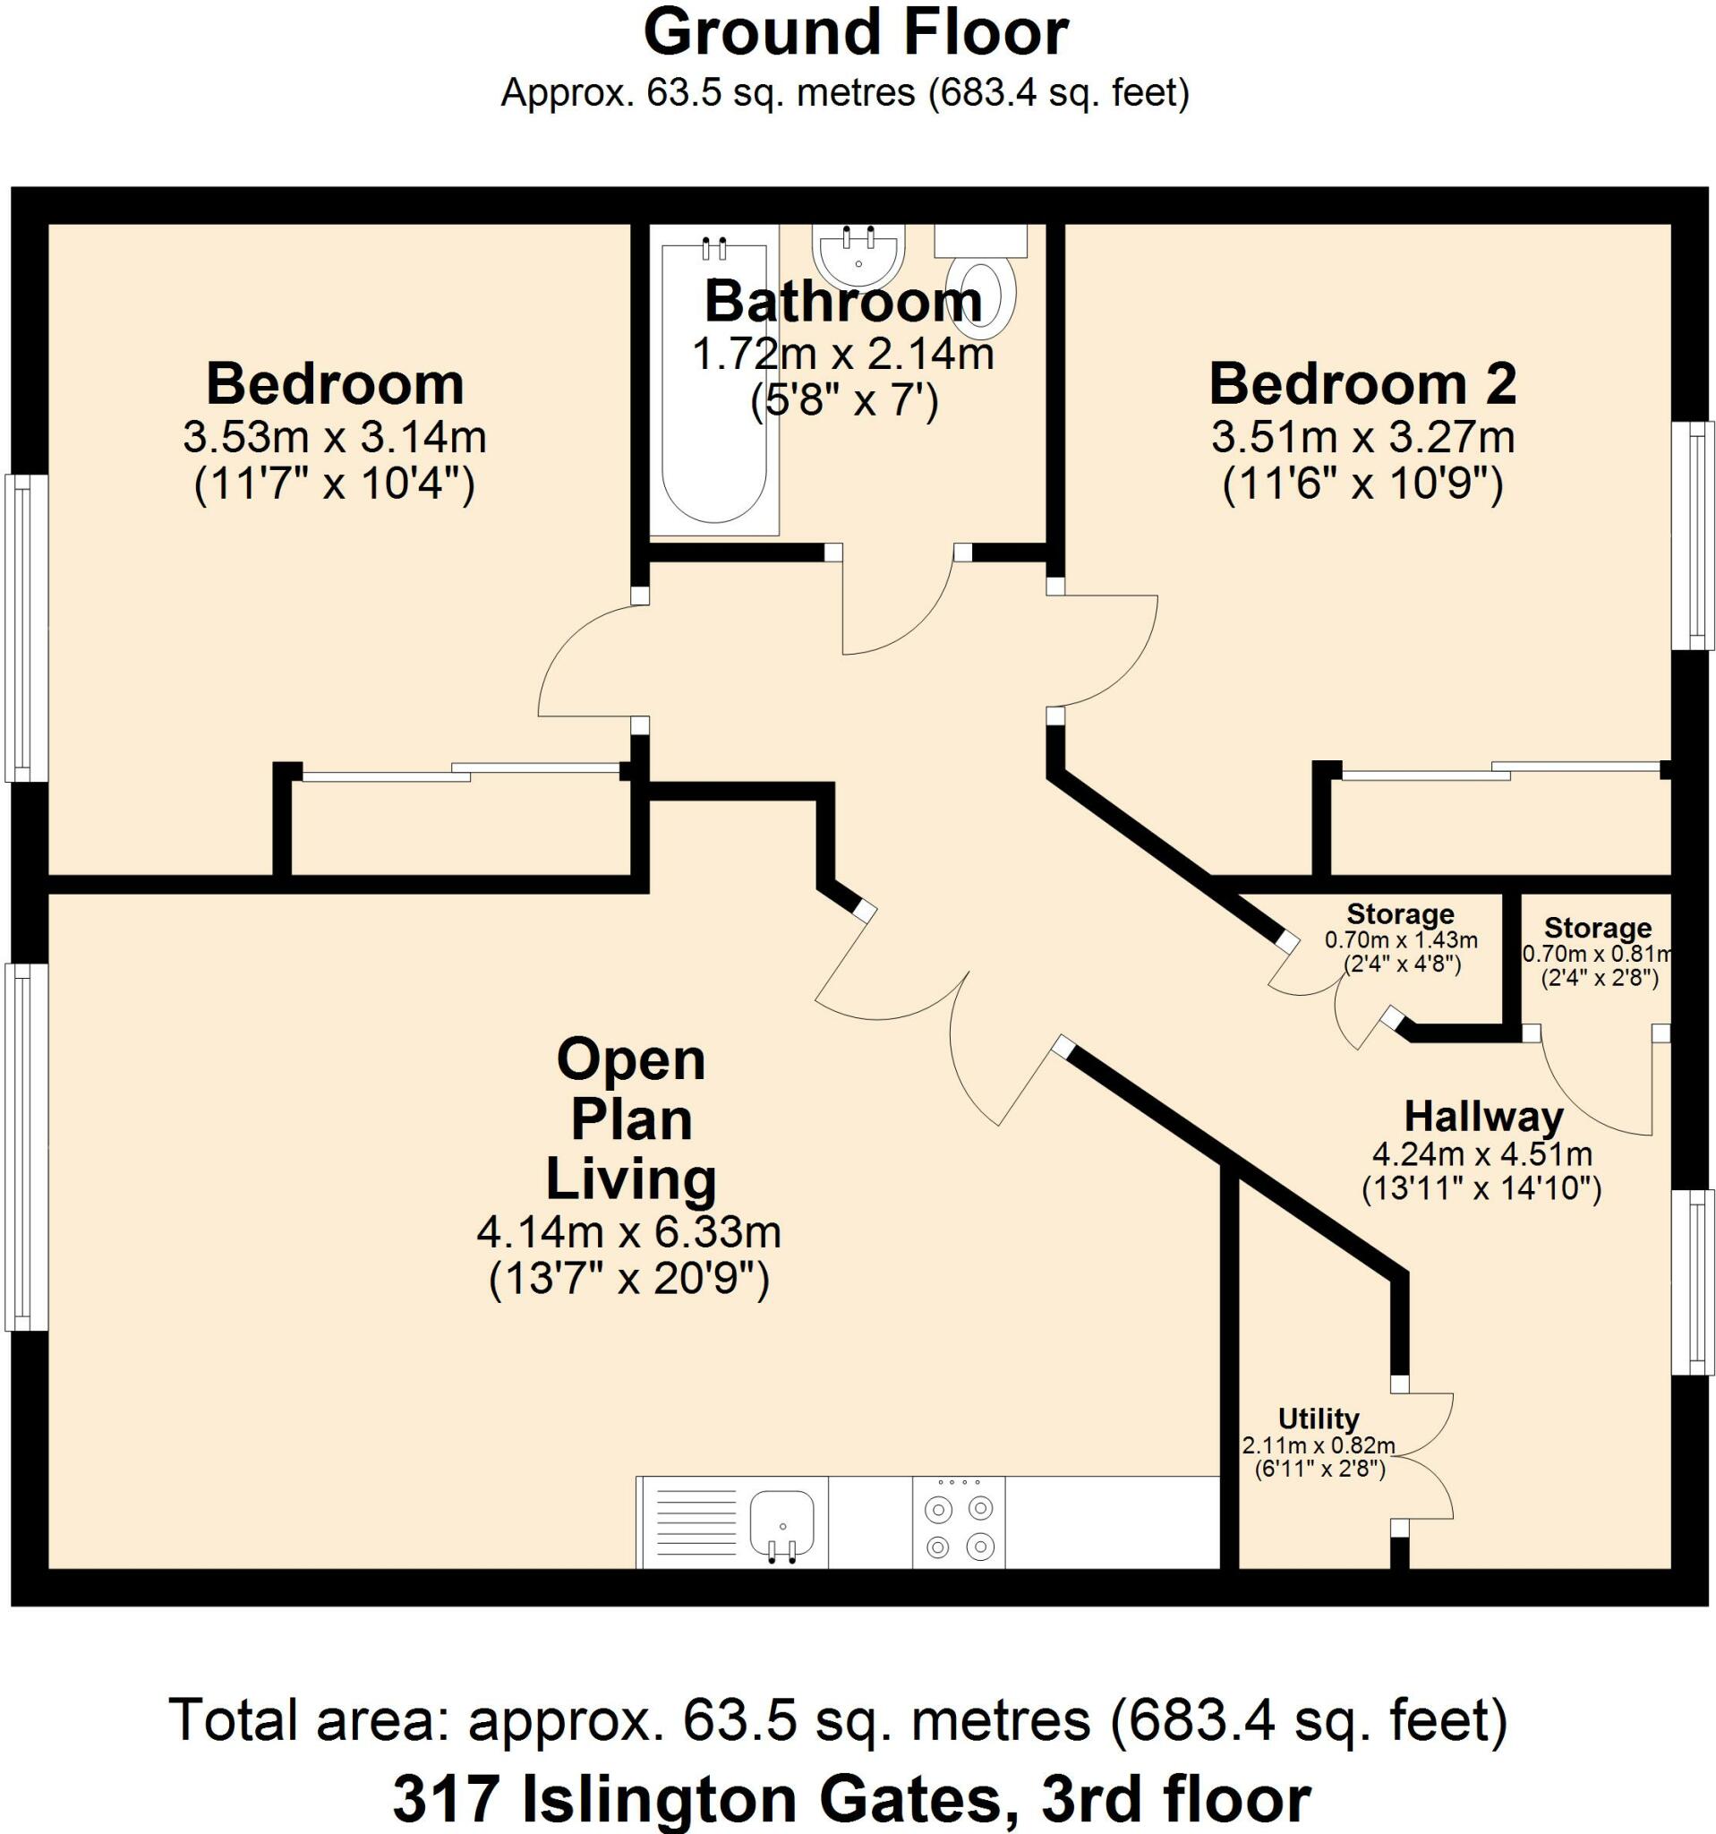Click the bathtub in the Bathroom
[713, 406]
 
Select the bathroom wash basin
[858, 255]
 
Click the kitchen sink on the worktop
[781, 1524]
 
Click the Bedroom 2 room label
[1362, 385]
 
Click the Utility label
[1319, 1418]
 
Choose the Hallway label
[1482, 1118]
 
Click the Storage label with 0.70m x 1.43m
[1400, 914]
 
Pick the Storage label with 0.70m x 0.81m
[1597, 927]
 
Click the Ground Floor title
[855, 34]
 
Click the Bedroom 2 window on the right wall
[1693, 536]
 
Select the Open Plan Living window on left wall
[25, 1147]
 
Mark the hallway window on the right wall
[1693, 1282]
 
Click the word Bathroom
[843, 302]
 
